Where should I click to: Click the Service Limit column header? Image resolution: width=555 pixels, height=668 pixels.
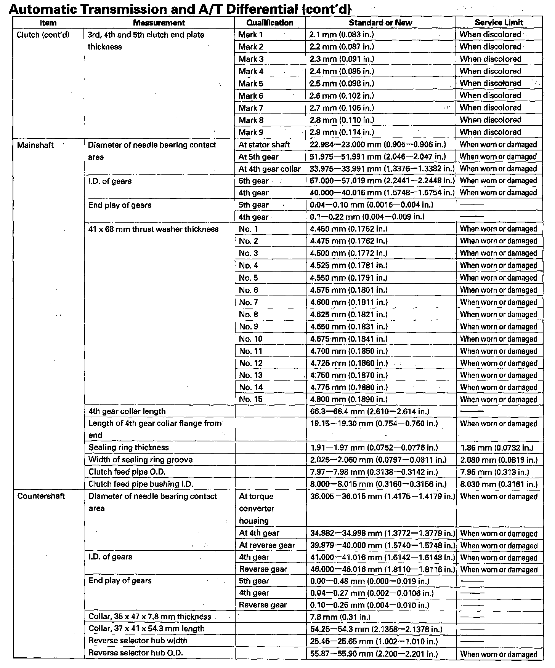(x=499, y=22)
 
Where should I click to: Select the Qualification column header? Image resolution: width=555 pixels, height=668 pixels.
(x=269, y=22)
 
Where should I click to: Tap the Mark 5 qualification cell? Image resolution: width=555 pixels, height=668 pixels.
(x=251, y=83)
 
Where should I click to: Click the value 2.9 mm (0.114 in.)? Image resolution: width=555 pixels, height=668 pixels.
(x=342, y=132)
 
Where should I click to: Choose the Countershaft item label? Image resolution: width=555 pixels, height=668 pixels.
(x=41, y=496)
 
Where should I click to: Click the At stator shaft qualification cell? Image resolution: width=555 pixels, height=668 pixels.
(x=264, y=145)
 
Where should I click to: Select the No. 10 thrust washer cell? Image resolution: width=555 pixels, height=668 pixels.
(x=251, y=339)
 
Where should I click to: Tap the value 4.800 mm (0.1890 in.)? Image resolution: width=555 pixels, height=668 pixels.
(x=349, y=399)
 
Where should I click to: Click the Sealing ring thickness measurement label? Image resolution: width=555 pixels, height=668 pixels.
(x=128, y=447)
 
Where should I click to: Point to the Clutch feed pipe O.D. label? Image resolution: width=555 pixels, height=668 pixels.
(x=127, y=472)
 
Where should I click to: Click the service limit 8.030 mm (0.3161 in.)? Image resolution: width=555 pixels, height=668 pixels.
(x=499, y=484)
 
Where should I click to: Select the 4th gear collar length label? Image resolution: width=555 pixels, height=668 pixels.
(x=127, y=411)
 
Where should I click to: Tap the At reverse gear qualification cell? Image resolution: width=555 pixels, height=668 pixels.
(x=267, y=545)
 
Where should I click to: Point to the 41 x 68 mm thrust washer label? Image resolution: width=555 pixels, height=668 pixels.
(x=153, y=229)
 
